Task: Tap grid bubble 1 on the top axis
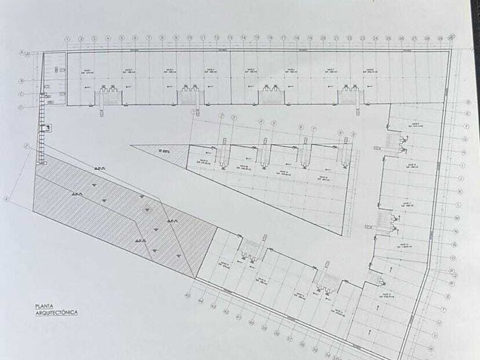pyautogui.click(x=67, y=39)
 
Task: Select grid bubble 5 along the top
pyautogui.click(x=122, y=39)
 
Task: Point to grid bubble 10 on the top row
pyautogui.click(x=189, y=38)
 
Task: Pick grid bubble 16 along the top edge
pyautogui.click(x=270, y=38)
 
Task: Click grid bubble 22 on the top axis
pyautogui.click(x=349, y=38)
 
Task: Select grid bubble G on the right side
pyautogui.click(x=465, y=139)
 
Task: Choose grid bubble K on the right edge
pyautogui.click(x=461, y=191)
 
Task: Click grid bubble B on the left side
pyautogui.click(x=21, y=81)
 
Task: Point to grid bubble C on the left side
pyautogui.click(x=21, y=94)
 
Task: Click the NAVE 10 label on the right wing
pyautogui.click(x=407, y=166)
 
